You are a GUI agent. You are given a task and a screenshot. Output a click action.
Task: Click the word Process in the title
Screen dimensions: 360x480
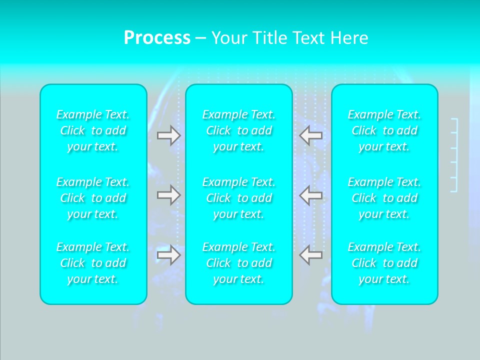(x=157, y=38)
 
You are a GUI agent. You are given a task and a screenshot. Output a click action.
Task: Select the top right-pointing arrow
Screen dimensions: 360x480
(x=168, y=135)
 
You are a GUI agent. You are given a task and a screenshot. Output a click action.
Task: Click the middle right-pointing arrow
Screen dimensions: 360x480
(x=168, y=195)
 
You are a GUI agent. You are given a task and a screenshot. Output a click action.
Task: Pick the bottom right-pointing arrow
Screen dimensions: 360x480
(x=168, y=255)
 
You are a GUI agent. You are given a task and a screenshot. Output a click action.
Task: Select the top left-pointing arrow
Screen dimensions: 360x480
(x=311, y=135)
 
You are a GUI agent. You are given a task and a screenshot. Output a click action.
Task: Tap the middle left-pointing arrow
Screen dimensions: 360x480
(x=311, y=195)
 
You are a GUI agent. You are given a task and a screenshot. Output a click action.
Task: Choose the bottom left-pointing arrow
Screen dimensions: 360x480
(x=311, y=255)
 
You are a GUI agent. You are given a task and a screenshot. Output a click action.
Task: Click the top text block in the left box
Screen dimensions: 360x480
(x=93, y=130)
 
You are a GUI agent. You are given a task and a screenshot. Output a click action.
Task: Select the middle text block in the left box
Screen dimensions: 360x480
(x=93, y=198)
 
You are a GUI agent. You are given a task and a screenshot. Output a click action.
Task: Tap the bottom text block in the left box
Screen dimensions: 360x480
(x=93, y=263)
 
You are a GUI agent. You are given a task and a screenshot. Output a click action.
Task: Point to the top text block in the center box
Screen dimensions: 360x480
(x=239, y=130)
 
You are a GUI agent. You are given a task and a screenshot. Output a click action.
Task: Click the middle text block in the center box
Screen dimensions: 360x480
(x=239, y=198)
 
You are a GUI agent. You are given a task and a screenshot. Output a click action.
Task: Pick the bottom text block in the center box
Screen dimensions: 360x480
(x=239, y=263)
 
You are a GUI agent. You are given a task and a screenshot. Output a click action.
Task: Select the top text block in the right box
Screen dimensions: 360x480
(x=384, y=130)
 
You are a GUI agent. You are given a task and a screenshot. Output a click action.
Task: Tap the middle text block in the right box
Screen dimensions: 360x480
(x=384, y=198)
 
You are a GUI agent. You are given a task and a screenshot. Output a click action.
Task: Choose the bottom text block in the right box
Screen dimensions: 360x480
(x=384, y=263)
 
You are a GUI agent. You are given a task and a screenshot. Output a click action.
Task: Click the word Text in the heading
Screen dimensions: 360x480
(x=305, y=38)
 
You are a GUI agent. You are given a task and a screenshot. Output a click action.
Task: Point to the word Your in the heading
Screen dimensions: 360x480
(x=228, y=38)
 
